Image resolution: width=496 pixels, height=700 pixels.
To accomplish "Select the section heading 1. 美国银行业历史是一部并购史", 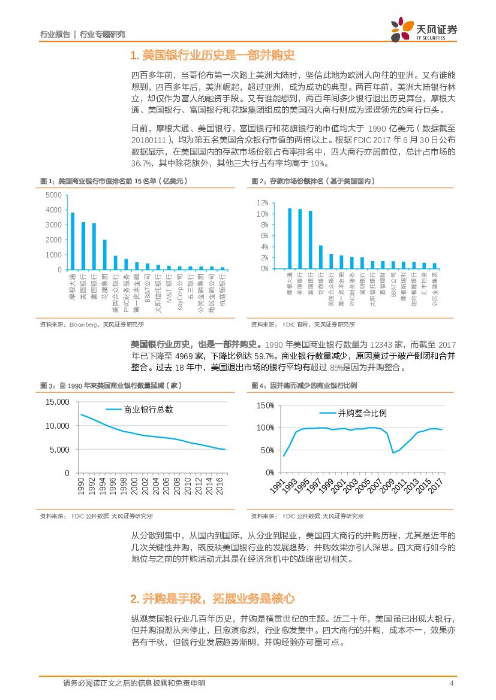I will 213,56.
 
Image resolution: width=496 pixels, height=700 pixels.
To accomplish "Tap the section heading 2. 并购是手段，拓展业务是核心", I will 212,598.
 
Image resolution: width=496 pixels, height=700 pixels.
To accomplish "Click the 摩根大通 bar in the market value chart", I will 73,241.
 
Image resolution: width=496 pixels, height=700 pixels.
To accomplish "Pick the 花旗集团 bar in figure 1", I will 104,254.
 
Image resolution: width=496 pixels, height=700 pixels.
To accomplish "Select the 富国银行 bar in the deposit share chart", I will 310,240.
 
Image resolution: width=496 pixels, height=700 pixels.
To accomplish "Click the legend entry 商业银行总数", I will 148,409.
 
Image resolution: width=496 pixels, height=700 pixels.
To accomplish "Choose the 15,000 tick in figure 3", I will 58,402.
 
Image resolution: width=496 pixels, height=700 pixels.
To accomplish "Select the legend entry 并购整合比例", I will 362,413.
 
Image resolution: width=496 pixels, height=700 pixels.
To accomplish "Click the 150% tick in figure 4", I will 266,405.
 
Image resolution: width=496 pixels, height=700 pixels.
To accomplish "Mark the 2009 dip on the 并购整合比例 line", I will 393,453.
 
